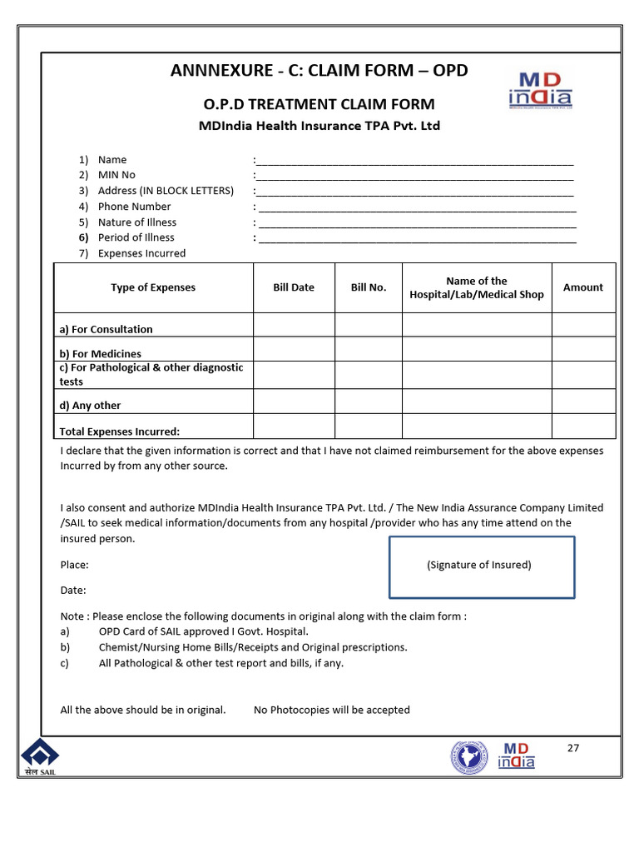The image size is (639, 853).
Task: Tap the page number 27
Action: point(572,747)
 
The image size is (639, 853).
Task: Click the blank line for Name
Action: point(414,161)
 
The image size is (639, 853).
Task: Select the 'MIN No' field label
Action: point(116,175)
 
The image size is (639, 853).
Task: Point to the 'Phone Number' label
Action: point(134,207)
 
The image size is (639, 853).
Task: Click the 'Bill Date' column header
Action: point(294,287)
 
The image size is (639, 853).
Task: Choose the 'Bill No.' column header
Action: point(369,287)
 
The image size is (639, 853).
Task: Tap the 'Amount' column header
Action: point(583,287)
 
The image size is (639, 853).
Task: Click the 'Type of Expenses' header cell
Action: point(153,287)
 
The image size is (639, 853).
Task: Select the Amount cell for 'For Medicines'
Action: point(583,349)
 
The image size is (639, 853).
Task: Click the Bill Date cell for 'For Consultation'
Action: point(294,325)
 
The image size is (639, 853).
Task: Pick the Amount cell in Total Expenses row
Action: point(583,426)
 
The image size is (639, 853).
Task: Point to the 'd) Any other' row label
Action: point(90,406)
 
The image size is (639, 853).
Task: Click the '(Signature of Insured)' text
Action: point(479,565)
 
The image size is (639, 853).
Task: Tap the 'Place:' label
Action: point(75,565)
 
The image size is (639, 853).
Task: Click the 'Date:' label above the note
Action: point(73,590)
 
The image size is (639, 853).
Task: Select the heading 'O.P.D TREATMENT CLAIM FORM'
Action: point(319,104)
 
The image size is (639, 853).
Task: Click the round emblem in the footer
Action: point(470,757)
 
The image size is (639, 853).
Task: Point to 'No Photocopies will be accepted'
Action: point(331,710)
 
